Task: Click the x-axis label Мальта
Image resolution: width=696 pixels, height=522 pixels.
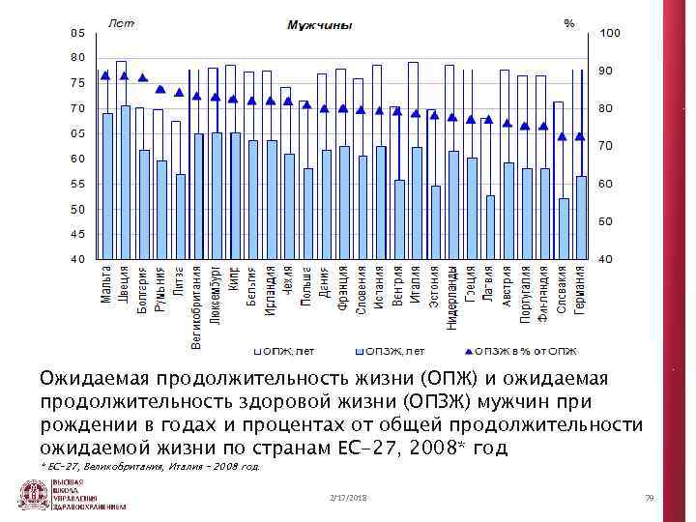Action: [107, 283]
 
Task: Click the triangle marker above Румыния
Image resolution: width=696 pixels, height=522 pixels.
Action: [160, 90]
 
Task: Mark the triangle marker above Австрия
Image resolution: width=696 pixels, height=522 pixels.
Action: [507, 122]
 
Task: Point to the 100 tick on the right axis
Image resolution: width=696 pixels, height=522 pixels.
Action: [611, 34]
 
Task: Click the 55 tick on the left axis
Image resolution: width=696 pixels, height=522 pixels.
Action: [76, 184]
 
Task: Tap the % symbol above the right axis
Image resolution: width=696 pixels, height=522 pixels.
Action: [569, 22]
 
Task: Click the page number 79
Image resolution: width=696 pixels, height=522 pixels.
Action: [650, 497]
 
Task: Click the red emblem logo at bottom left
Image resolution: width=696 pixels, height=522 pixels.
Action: [35, 495]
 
